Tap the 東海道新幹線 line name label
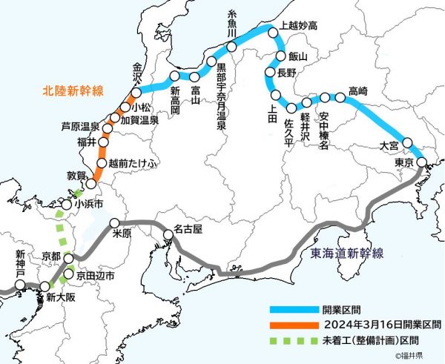point(344,254)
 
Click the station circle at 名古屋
point(169,235)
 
